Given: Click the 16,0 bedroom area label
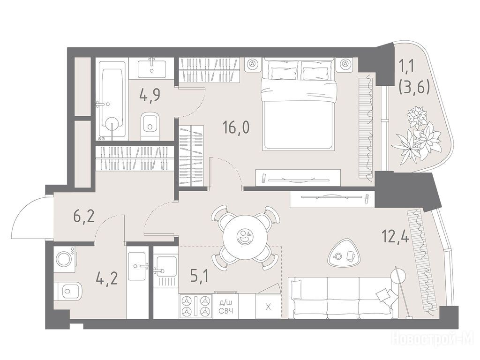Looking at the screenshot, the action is tap(236, 127).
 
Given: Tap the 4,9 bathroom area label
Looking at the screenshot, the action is tap(150, 96).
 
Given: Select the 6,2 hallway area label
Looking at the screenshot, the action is tap(83, 217).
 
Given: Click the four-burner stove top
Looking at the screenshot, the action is tap(195, 306).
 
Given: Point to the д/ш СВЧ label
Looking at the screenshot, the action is tap(226, 307).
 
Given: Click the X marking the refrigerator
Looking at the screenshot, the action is tap(268, 307).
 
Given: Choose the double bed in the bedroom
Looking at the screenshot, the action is tap(299, 104).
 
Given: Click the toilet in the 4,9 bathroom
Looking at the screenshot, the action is tap(150, 126).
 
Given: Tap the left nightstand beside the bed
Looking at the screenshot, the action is tap(252, 64).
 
